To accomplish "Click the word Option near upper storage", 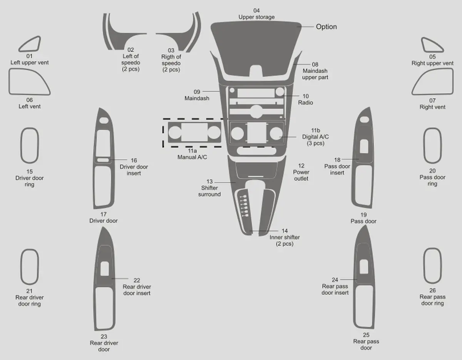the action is (326, 27).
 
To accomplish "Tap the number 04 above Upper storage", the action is (256, 10).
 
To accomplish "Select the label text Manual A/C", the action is (192, 157).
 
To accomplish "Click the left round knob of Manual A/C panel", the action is (175, 132).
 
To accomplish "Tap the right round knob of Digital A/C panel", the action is (276, 133).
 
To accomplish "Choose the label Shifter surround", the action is (209, 191).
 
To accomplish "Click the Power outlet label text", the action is (301, 175).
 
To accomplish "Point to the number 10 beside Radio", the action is (306, 96).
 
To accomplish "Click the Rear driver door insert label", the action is (137, 290).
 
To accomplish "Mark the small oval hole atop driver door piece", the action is (104, 121).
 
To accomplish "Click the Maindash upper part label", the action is (315, 74).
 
